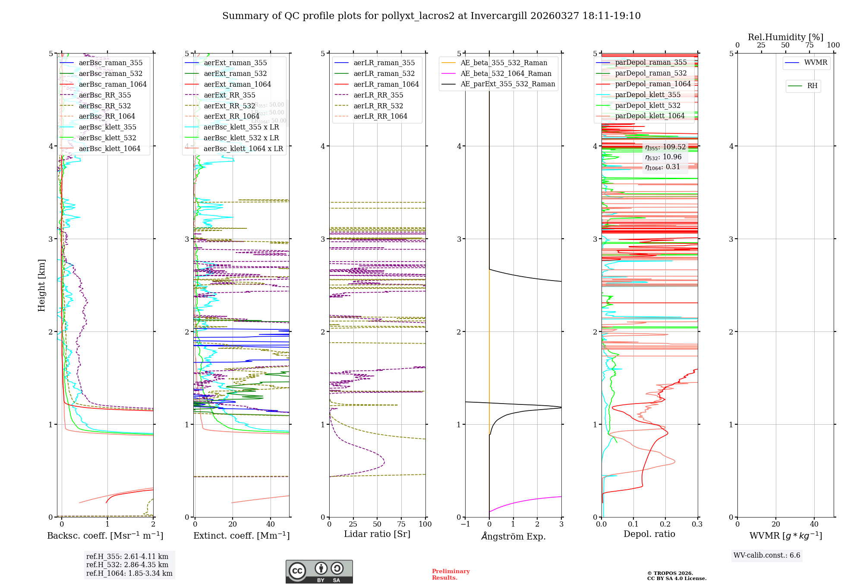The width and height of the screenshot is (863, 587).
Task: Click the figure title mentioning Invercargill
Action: tap(431, 16)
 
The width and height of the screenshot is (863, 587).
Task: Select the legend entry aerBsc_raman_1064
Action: tap(112, 85)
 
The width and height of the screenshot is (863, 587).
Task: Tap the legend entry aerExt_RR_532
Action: tap(229, 106)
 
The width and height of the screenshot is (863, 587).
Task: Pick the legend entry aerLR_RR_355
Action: tap(378, 95)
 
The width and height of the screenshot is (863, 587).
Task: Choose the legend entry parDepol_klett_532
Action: tap(647, 105)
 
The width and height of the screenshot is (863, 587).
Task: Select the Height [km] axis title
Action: tap(41, 285)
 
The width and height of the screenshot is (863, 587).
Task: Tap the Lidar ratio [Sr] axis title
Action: tap(377, 534)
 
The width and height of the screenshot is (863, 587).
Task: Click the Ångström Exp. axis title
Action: tap(513, 536)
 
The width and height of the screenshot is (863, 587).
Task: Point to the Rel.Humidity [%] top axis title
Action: tap(785, 37)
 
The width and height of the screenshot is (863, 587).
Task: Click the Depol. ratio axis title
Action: tap(649, 534)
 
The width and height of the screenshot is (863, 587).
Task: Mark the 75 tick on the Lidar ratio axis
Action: tap(401, 524)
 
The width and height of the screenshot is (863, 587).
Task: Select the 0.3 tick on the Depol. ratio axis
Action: tap(697, 524)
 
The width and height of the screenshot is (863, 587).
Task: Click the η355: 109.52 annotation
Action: tap(665, 147)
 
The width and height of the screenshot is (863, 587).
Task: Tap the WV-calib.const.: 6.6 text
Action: tap(766, 555)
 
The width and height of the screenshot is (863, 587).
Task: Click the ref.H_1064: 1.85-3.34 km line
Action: tap(129, 574)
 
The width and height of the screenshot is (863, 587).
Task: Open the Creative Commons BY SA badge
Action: tap(319, 571)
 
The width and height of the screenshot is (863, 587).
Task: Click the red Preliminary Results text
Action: tap(450, 574)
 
